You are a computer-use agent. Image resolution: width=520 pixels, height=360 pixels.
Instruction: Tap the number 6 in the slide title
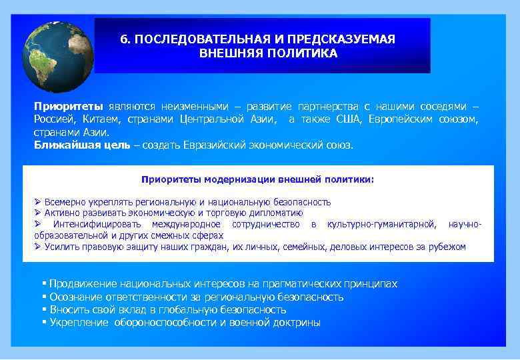(x=124, y=39)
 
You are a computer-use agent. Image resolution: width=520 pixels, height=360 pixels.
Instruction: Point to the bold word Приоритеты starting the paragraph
(x=69, y=107)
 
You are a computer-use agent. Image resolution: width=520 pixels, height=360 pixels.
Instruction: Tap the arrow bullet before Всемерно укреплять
(x=38, y=202)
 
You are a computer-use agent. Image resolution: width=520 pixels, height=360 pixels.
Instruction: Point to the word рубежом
(x=449, y=247)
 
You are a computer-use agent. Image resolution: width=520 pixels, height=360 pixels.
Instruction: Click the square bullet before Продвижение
(x=43, y=284)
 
